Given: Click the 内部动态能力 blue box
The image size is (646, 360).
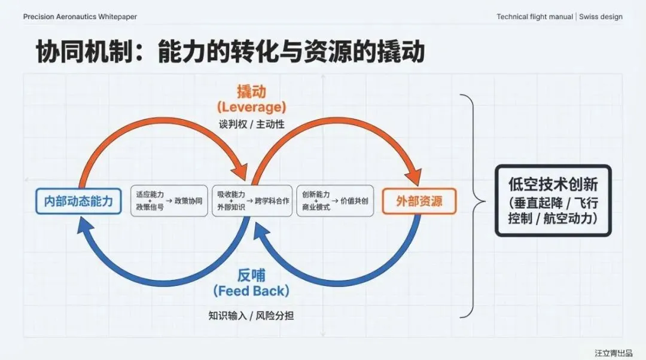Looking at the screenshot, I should [x=78, y=201].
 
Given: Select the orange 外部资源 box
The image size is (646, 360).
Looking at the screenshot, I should [x=419, y=201].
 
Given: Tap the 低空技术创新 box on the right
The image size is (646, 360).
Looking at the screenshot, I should [x=553, y=201].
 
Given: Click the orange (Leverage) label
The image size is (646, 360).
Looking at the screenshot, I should [x=252, y=108].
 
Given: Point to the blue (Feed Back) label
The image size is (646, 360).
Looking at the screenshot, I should [x=251, y=291].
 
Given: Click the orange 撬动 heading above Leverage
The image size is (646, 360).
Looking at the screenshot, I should [x=252, y=91].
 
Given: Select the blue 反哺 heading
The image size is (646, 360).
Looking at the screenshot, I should [x=251, y=275].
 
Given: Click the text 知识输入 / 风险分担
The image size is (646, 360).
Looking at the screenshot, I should [x=251, y=315].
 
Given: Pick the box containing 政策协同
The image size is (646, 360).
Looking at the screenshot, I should [x=169, y=201].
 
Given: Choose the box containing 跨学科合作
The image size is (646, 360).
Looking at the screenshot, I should [x=251, y=201].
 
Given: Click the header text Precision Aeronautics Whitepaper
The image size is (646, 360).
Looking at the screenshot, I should [x=80, y=17].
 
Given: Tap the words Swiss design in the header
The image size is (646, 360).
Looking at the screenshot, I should [x=601, y=17].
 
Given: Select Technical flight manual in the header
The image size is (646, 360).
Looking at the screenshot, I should [x=535, y=17].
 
